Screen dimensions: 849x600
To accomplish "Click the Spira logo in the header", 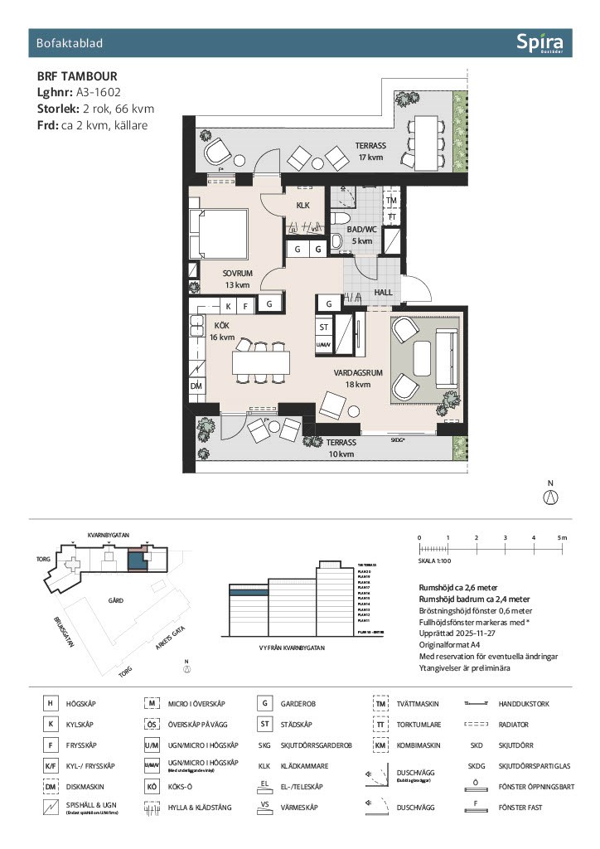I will [x=539, y=42].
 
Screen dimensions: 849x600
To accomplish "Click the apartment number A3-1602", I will [x=102, y=93].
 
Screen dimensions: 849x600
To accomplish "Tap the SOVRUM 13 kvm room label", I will [x=236, y=279].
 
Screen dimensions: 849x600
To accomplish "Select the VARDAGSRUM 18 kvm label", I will [x=358, y=378].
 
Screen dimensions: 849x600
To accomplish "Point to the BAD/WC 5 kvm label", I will [x=361, y=235].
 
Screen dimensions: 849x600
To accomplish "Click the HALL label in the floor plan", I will [x=384, y=292].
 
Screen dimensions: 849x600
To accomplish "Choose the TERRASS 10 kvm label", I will [x=340, y=448].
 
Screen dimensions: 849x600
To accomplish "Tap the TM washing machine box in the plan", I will [x=392, y=201].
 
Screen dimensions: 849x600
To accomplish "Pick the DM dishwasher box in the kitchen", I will [x=196, y=386].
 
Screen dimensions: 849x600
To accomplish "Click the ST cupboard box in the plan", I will [x=324, y=327].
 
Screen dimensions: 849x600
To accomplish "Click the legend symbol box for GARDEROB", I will [x=264, y=703].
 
